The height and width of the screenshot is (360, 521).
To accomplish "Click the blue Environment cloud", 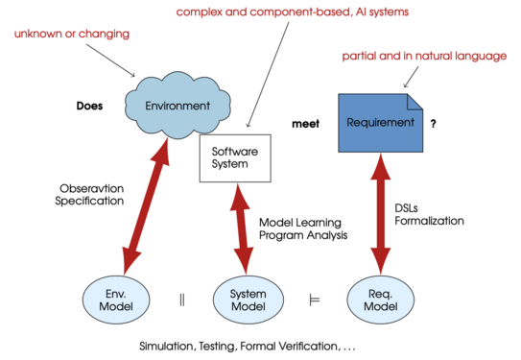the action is [x=178, y=105].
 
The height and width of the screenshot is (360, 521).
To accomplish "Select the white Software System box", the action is [x=235, y=158].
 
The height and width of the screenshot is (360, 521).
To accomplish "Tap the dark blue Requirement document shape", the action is [x=381, y=123].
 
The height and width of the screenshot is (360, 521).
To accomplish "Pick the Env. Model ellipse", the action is [x=116, y=300].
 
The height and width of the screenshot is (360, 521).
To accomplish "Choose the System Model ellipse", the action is [x=249, y=300].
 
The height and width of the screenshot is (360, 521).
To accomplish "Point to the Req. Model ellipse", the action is [x=381, y=300].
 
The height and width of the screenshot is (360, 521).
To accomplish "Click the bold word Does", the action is [x=89, y=106].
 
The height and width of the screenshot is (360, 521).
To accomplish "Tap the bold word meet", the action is [x=306, y=124].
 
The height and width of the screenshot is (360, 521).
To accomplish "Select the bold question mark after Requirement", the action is [x=433, y=124].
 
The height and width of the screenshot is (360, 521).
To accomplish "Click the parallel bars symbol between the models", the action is [x=182, y=300].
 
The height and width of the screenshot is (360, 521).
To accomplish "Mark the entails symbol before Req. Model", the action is [x=315, y=300].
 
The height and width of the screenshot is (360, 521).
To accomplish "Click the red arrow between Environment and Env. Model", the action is [x=146, y=206].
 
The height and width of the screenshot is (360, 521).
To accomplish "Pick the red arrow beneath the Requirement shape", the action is [x=381, y=214].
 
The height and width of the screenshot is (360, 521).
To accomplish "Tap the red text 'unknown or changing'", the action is [x=72, y=34].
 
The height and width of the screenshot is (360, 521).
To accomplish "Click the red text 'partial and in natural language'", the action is [x=424, y=56].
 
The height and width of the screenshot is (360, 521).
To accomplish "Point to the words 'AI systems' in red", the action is [x=382, y=12].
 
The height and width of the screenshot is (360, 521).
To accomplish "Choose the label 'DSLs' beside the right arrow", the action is [x=406, y=208].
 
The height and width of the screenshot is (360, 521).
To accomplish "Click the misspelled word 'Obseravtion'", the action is [x=92, y=188].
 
